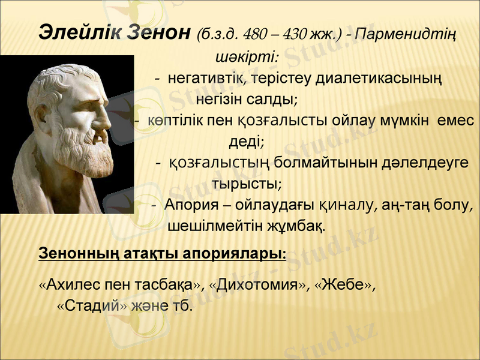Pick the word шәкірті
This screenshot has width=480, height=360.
click(x=245, y=58)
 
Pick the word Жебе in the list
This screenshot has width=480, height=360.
click(x=343, y=284)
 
